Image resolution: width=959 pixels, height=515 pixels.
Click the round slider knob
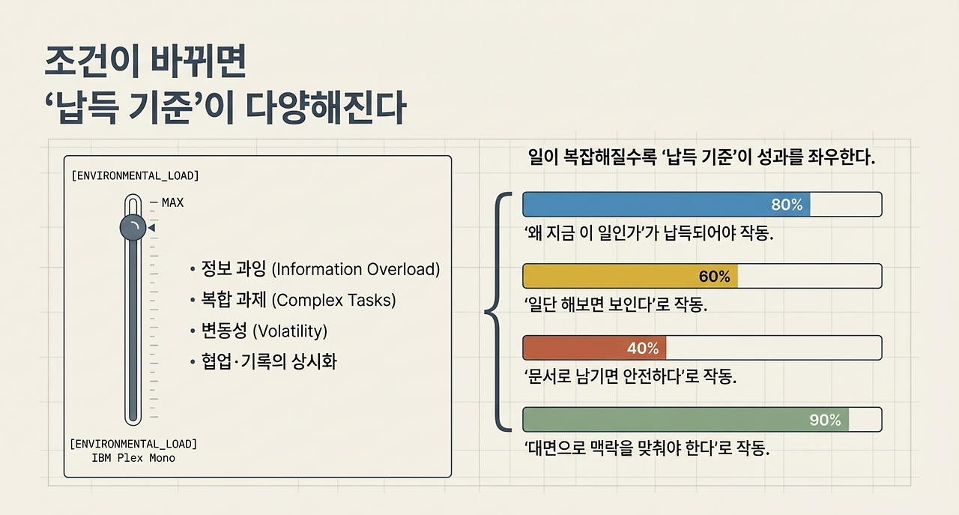point(133,228)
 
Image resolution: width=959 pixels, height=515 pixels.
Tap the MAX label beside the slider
point(172,202)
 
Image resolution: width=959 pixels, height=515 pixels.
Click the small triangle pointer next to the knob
point(151,228)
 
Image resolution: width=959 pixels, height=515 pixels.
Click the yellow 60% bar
point(629,276)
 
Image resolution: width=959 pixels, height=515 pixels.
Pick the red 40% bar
point(593,348)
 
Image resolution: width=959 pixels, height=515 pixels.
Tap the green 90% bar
point(686,420)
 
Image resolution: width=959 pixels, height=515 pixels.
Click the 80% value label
point(787,205)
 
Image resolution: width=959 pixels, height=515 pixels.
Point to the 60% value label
point(714,277)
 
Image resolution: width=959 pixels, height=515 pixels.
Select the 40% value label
point(643,348)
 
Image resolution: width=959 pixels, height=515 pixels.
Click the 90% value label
point(825,420)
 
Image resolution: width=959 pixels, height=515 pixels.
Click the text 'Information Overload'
point(355,269)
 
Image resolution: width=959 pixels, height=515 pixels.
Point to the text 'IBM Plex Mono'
point(133,457)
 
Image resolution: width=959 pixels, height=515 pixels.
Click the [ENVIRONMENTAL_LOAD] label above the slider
point(135,176)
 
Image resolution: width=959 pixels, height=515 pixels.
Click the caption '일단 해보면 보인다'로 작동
point(616,305)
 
